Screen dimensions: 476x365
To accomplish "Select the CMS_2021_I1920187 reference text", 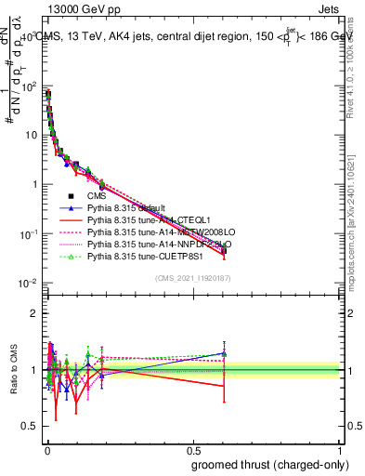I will (193, 278).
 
